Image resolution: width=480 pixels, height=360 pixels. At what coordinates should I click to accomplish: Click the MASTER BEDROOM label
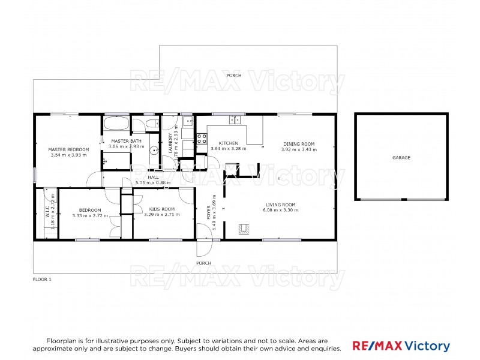68,149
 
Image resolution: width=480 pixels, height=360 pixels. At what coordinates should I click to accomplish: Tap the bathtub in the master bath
116,124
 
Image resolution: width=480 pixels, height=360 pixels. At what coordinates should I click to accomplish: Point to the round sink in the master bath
154,151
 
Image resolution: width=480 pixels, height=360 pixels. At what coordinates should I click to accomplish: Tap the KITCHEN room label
228,143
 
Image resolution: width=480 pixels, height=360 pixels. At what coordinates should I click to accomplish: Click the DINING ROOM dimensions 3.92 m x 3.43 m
298,149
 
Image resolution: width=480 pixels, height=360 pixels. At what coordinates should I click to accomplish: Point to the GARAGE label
401,157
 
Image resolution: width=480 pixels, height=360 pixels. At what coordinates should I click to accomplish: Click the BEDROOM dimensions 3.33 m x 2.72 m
90,215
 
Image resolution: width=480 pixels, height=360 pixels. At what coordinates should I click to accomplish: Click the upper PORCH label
233,76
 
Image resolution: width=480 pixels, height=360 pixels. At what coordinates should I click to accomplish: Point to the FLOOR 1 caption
42,279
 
